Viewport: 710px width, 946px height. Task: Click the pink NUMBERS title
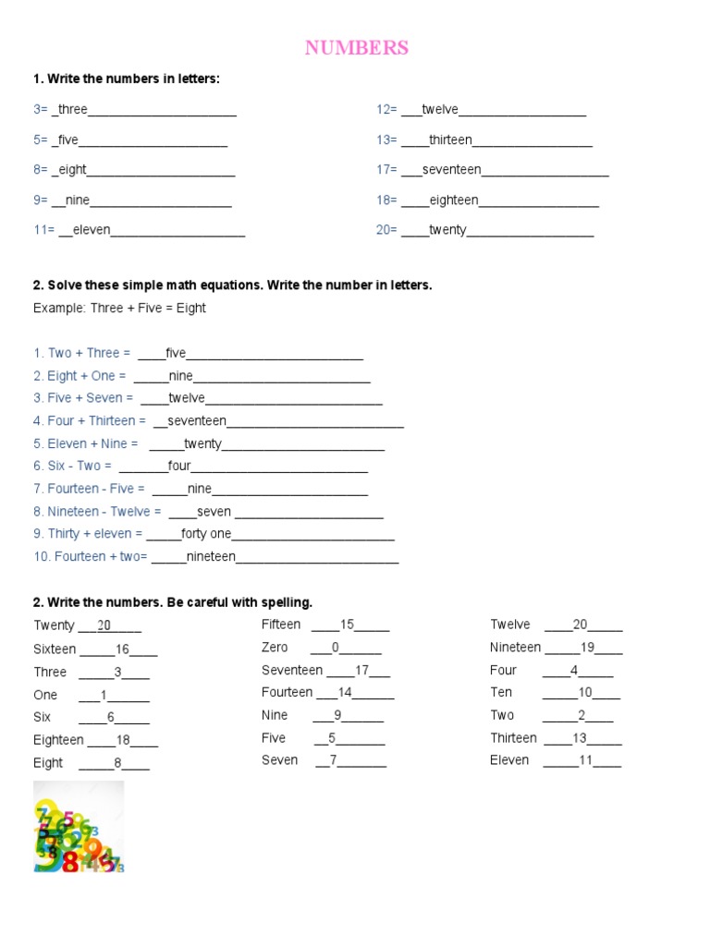click(356, 48)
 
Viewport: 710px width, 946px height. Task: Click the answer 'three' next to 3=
click(72, 110)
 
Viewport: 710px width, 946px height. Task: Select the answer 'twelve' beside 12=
click(440, 110)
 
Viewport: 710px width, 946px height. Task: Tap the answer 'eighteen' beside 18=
click(454, 200)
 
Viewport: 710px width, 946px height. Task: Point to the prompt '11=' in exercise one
click(44, 231)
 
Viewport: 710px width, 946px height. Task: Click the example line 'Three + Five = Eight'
click(119, 309)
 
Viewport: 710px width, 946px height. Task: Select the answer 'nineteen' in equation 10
click(211, 557)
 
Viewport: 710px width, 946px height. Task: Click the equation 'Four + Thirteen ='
click(90, 421)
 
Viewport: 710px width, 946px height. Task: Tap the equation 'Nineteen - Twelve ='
click(97, 512)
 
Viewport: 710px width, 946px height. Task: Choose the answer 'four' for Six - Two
click(179, 467)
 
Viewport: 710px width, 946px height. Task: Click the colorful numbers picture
click(79, 828)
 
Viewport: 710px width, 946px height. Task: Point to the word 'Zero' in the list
click(275, 648)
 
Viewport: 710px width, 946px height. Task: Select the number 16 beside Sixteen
click(123, 649)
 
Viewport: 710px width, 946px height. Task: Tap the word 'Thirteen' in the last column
click(513, 738)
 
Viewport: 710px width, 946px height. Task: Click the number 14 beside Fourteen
click(345, 693)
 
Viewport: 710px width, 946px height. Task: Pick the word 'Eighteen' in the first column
click(58, 740)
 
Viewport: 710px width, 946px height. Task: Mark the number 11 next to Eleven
click(585, 761)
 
